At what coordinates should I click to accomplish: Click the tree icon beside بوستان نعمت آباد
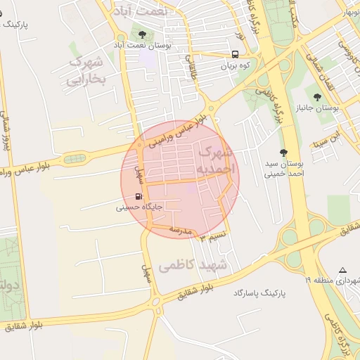click(143, 34)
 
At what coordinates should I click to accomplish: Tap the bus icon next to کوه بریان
click(234, 54)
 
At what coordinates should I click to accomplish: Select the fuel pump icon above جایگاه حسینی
click(139, 197)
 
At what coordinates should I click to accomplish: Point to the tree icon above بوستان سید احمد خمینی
click(283, 153)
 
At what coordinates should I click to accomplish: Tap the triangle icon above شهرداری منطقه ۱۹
click(342, 270)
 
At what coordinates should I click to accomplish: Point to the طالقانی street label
click(188, 68)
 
